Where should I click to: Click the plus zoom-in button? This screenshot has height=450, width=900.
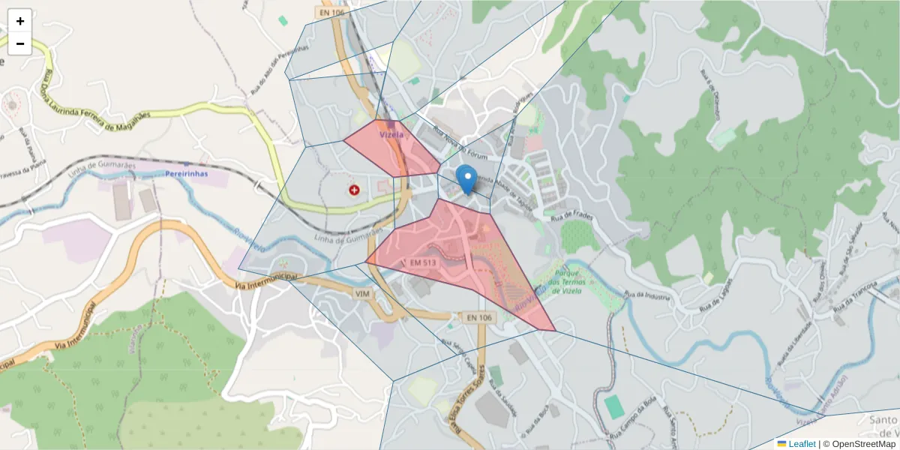(20, 21)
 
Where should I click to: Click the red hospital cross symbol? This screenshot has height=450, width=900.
(354, 191)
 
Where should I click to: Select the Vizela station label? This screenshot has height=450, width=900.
(391, 135)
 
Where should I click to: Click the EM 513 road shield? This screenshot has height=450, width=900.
(423, 262)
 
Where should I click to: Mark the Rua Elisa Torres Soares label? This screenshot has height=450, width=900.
(455, 412)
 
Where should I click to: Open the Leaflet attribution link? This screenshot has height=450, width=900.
(802, 444)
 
